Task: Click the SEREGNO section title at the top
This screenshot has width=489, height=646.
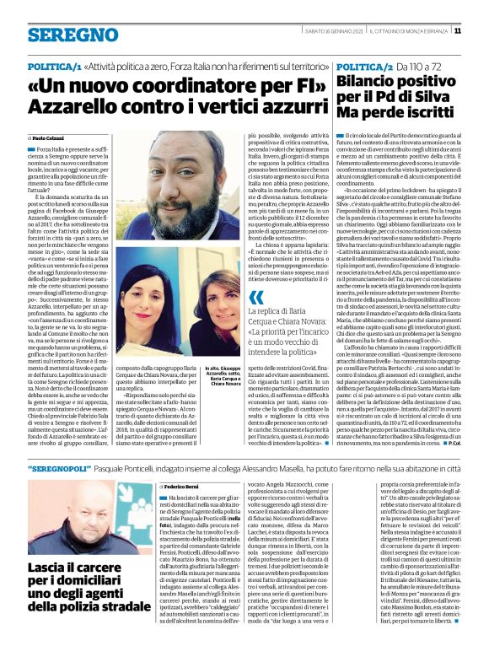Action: pos(62,35)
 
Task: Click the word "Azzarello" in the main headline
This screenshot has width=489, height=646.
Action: pos(71,107)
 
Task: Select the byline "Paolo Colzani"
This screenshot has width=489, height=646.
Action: pos(50,137)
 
